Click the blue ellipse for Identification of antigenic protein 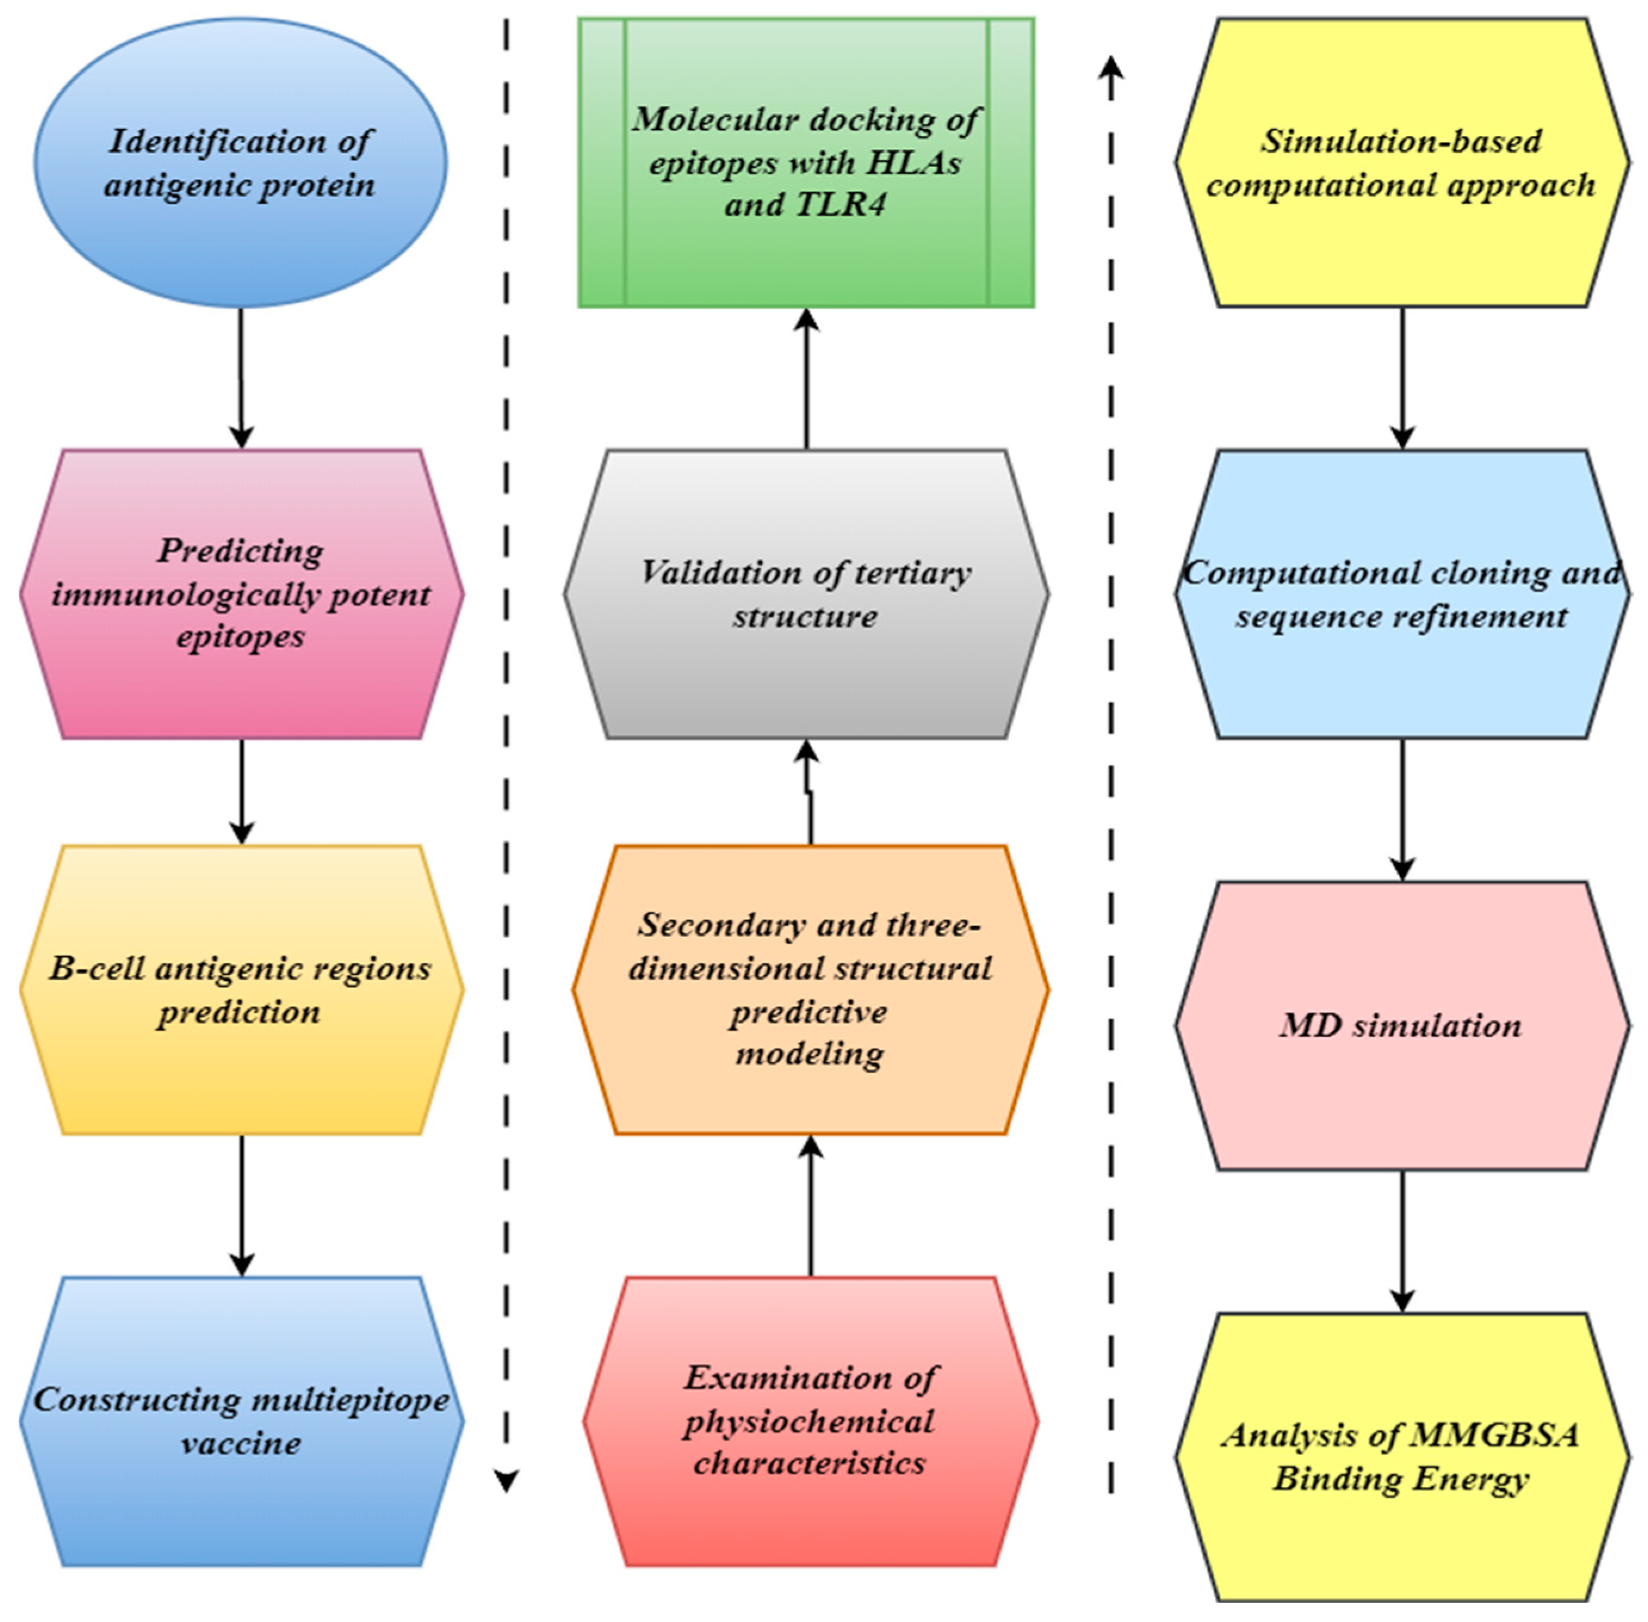pyautogui.click(x=240, y=162)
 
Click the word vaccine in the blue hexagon pyautogui.click(x=240, y=1443)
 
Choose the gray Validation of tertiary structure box pyautogui.click(x=805, y=594)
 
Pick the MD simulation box pyautogui.click(x=1401, y=1025)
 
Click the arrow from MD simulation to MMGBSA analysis pyautogui.click(x=1402, y=1240)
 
